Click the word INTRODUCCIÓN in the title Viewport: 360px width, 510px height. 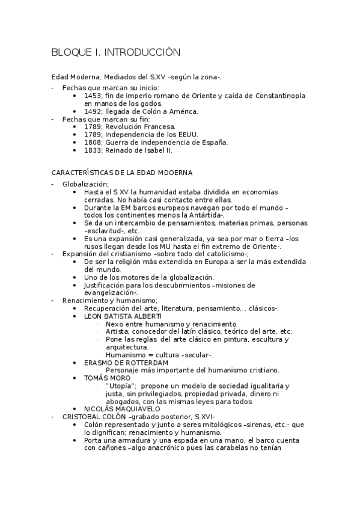pos(142,53)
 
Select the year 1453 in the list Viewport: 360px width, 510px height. pos(93,96)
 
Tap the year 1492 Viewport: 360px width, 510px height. pos(93,111)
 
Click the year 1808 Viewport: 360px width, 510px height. pos(93,143)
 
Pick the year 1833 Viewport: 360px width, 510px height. pos(93,150)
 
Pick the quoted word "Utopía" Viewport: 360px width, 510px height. pos(120,386)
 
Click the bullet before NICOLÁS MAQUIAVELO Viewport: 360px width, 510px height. pos(74,409)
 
